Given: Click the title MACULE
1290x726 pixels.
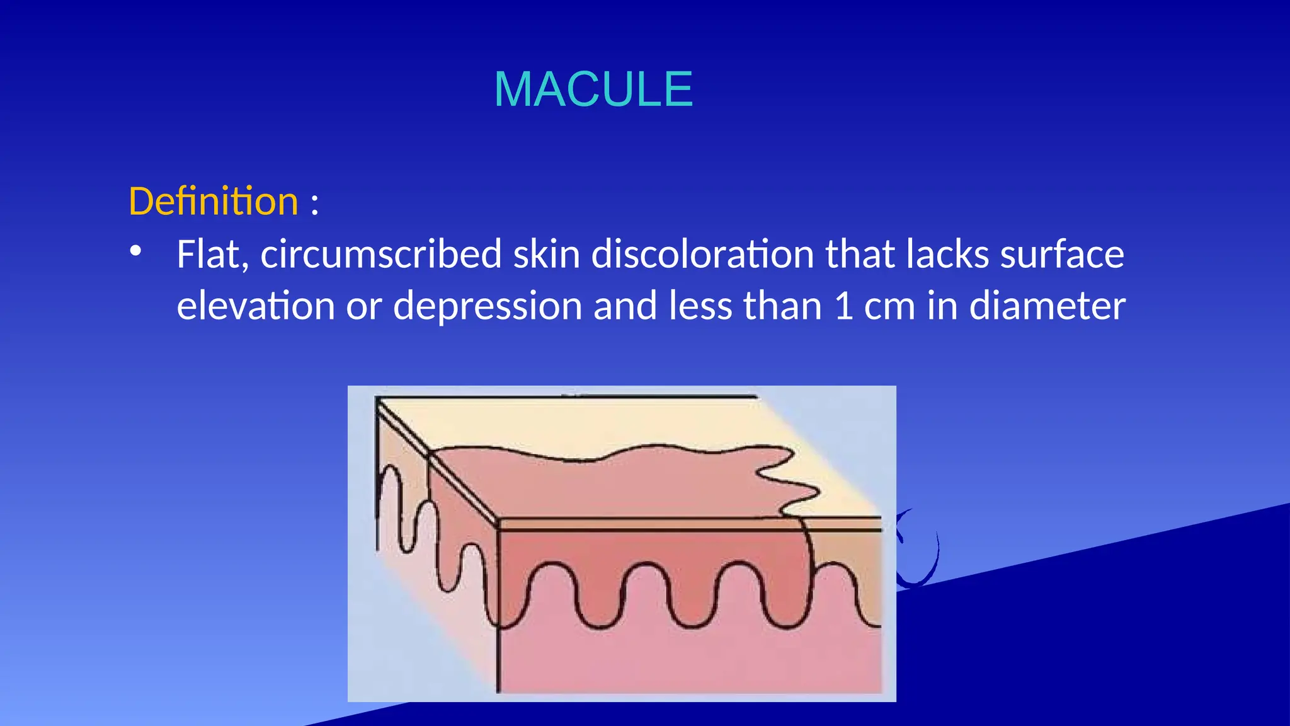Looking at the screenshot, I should (593, 89).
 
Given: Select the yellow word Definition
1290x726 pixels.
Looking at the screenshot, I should (213, 202).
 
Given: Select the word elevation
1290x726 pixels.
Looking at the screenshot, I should (256, 306).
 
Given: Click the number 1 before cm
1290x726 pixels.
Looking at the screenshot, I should (843, 307).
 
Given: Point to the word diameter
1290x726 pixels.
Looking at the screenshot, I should (1047, 306).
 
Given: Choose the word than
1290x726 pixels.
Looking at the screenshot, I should (782, 306).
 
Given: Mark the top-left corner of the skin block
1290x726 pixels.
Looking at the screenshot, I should (377, 398).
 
